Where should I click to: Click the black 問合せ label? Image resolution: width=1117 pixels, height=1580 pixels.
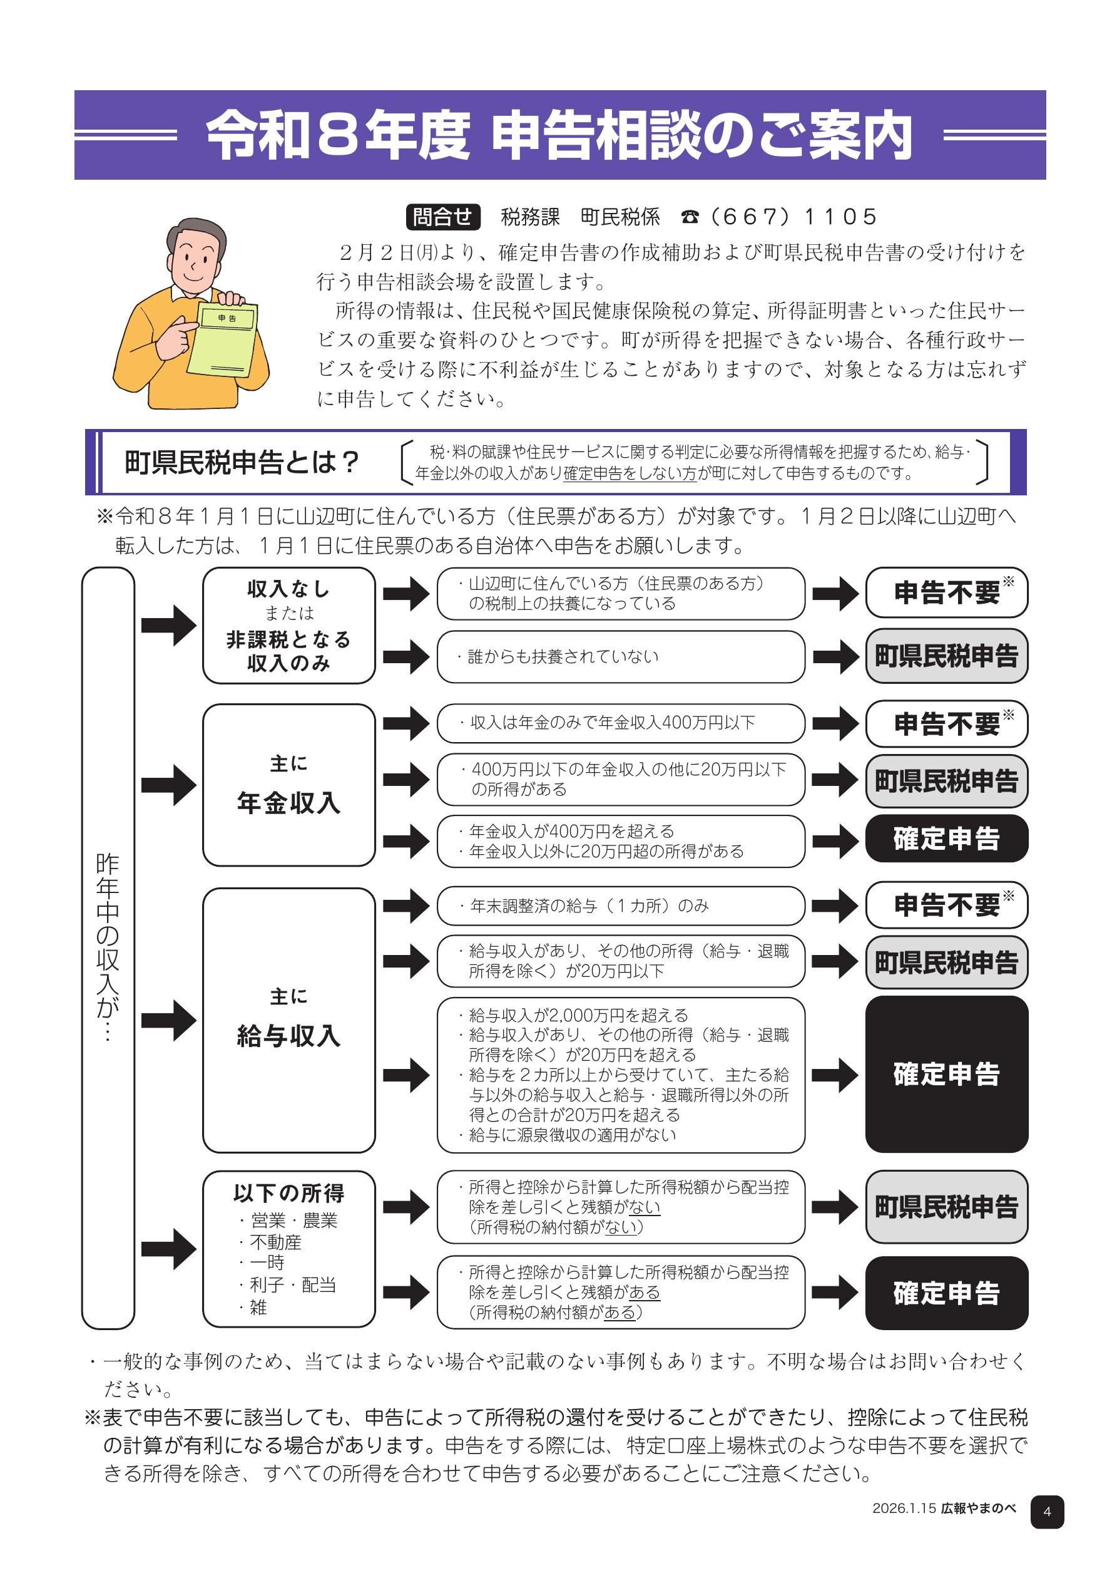442,217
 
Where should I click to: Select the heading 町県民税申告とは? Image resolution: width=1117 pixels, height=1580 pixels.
242,462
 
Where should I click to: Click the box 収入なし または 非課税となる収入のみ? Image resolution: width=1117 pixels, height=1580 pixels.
289,626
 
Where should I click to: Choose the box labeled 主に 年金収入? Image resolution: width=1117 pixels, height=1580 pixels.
289,785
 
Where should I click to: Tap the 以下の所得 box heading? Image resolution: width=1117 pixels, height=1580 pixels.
289,1192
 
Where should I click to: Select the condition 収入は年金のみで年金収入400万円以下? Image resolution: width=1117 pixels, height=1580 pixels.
611,723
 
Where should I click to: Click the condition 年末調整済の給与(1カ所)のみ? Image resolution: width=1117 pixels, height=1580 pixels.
589,906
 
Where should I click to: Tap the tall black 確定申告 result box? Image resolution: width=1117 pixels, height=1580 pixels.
946,1074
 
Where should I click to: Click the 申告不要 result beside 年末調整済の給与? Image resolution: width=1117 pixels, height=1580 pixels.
946,905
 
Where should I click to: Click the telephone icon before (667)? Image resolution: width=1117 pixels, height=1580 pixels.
689,217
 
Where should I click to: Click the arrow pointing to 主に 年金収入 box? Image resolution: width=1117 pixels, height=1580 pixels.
168,785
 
